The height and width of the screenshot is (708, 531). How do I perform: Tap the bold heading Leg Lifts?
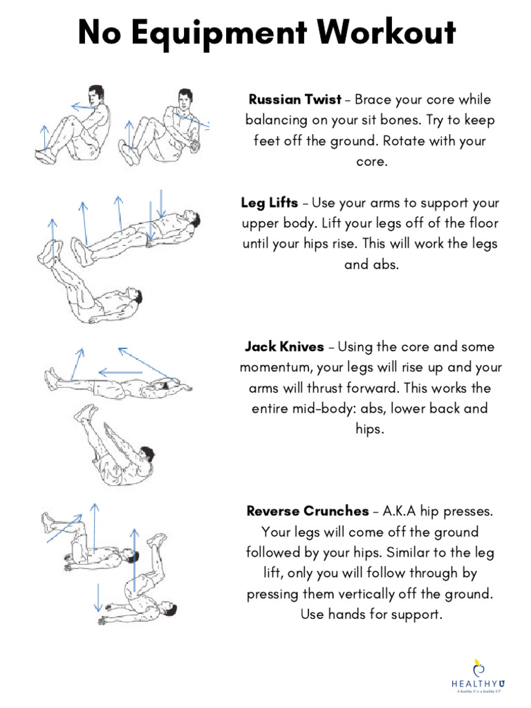point(270,203)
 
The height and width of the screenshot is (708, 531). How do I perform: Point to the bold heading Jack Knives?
point(284,346)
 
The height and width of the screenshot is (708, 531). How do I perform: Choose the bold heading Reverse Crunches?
point(308,512)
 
